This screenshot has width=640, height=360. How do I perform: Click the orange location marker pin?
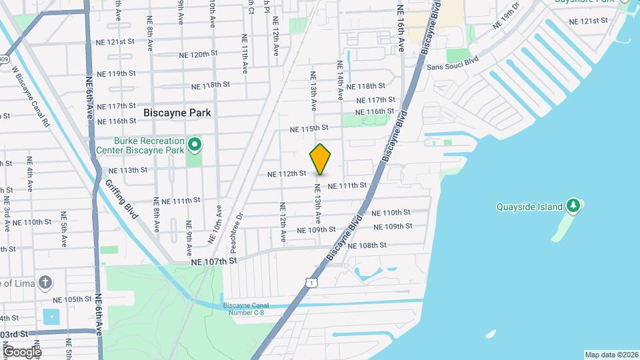(x=320, y=159)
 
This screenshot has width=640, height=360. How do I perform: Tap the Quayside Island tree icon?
(x=573, y=205)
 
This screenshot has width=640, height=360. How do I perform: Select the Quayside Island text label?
(x=530, y=207)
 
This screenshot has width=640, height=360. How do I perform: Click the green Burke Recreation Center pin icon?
(x=195, y=143)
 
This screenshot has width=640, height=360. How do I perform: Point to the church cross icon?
(x=45, y=282)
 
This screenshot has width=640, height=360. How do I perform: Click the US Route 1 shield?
(x=311, y=283)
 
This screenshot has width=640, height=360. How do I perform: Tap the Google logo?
(x=22, y=351)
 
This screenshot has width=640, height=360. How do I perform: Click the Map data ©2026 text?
(x=611, y=355)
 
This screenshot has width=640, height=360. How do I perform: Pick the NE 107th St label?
(x=213, y=262)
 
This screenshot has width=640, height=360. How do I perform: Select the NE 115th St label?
(x=309, y=127)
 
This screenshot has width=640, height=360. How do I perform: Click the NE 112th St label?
(x=287, y=173)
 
